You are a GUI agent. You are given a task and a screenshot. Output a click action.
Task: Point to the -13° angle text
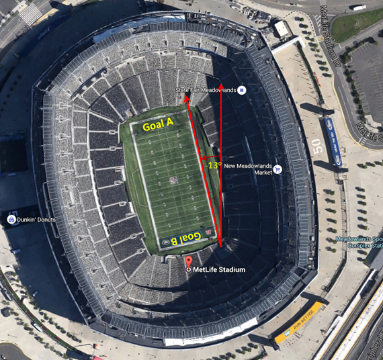coord(214,165)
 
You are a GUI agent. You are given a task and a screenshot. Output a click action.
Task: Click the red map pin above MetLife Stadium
coord(188,261)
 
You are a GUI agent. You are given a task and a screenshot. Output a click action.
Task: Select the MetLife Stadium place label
coord(219,270)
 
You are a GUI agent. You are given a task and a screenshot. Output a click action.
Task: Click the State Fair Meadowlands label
coord(205,90)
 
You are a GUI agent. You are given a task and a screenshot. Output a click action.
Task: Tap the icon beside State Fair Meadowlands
coord(242,90)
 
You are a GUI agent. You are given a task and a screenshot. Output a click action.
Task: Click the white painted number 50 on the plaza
coord(317,147)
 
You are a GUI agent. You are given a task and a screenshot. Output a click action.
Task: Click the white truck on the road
coord(357,7)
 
